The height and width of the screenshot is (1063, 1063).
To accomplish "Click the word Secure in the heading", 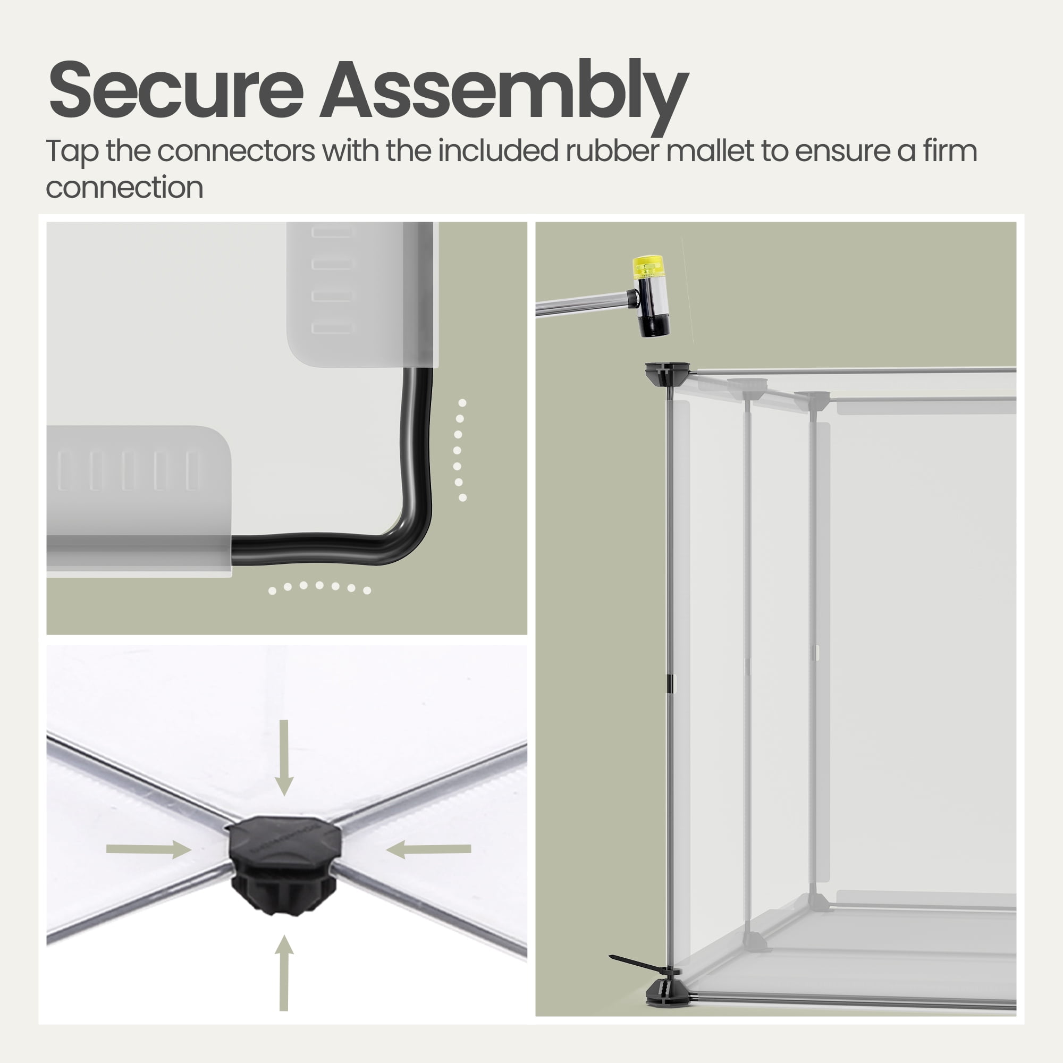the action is tap(176, 89).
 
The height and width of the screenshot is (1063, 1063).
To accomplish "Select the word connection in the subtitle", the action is tap(124, 188).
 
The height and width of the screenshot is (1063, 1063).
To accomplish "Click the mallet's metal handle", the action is tap(583, 304).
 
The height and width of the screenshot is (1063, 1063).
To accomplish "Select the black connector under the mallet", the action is tap(668, 374).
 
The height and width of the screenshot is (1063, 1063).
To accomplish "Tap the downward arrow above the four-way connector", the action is tap(284, 757).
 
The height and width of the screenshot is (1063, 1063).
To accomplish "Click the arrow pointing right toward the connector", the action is tap(149, 849).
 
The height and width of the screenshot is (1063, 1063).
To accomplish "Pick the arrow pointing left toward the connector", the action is tap(428, 849).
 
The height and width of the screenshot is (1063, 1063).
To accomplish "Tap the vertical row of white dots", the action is tap(460, 450).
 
